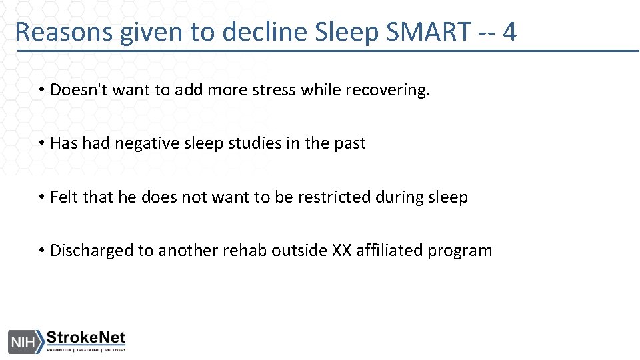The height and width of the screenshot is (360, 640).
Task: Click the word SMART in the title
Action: [428, 31]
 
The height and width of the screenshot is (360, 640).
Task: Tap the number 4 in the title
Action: [510, 31]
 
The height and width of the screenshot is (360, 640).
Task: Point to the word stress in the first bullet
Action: [273, 90]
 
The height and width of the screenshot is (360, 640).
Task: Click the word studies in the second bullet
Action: [261, 143]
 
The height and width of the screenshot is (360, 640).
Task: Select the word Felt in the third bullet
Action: [64, 197]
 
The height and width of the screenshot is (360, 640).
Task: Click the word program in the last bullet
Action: [460, 251]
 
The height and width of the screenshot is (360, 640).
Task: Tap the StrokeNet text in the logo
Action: [85, 338]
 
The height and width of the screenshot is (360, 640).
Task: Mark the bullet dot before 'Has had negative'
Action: [41, 143]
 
